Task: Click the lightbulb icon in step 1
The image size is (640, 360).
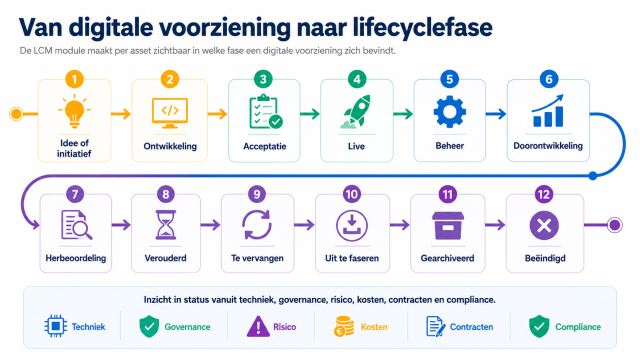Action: [74, 111]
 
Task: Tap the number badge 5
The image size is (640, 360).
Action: [449, 79]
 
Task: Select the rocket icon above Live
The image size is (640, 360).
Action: [356, 111]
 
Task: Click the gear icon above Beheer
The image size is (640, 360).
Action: [449, 111]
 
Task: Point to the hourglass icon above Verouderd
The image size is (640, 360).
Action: [165, 224]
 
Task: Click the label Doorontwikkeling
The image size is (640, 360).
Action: [548, 146]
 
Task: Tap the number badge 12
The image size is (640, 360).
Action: [544, 194]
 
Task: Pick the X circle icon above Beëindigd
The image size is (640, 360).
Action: [544, 225]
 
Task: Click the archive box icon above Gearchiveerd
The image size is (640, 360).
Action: [447, 225]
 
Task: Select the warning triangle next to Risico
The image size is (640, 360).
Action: [258, 327]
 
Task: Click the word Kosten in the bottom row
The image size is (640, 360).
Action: [374, 327]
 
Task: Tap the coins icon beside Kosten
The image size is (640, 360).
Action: [344, 327]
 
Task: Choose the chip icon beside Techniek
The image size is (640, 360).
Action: [56, 326]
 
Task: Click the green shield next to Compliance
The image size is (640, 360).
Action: [539, 326]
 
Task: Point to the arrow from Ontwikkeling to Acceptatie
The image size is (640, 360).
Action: [217, 114]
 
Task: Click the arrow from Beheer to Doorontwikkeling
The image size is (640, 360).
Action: [496, 114]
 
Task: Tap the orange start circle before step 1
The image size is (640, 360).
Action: [16, 114]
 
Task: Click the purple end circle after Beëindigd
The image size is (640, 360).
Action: [614, 225]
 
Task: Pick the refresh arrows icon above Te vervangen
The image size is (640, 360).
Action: [257, 225]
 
